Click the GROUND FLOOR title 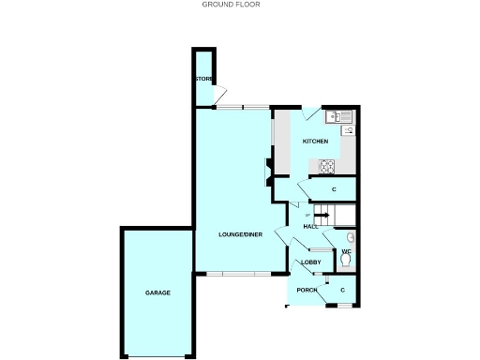coord(231,5)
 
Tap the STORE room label coord(203,79)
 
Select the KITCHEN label coord(315,141)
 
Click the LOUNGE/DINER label coord(240,232)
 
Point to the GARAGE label coord(157,293)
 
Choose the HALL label coord(309,227)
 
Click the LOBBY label coord(311,262)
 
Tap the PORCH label coord(307,291)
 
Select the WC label coord(345,253)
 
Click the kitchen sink coord(338,116)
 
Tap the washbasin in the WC coord(351,236)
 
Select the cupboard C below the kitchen coord(334,190)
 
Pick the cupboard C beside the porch coord(343,291)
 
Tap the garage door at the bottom coord(157,357)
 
